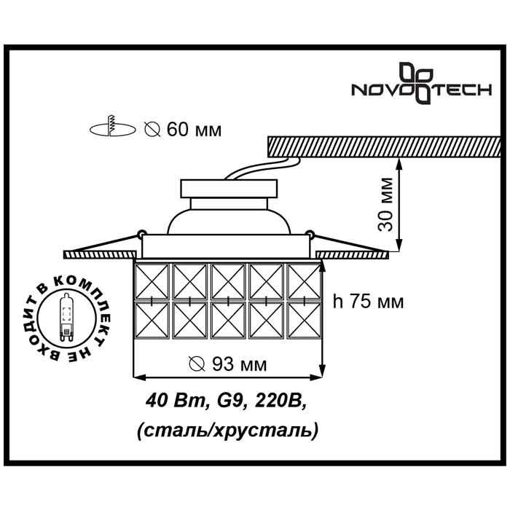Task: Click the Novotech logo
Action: pyautogui.click(x=422, y=83)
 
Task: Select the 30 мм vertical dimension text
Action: pyautogui.click(x=386, y=205)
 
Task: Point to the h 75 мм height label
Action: pyautogui.click(x=368, y=302)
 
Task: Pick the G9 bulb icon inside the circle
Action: pyautogui.click(x=66, y=318)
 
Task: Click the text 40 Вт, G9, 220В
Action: pyautogui.click(x=227, y=401)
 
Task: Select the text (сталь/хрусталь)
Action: pyautogui.click(x=227, y=431)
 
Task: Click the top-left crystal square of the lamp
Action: pyautogui.click(x=152, y=281)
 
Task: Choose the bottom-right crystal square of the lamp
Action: pyautogui.click(x=304, y=321)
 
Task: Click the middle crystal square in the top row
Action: pyautogui.click(x=228, y=281)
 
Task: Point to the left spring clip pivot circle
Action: pyautogui.click(x=141, y=233)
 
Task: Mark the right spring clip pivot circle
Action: pyautogui.click(x=310, y=234)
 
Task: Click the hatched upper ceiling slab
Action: pyautogui.click(x=384, y=146)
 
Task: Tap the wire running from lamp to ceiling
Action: pyautogui.click(x=262, y=168)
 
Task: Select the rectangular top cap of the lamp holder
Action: pyautogui.click(x=229, y=189)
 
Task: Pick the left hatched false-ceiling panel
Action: pyautogui.click(x=101, y=254)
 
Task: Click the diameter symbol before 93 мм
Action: pyautogui.click(x=197, y=364)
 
